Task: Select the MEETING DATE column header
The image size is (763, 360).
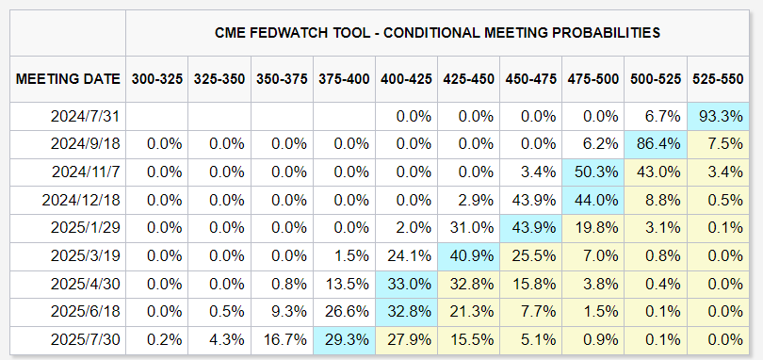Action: click(68, 79)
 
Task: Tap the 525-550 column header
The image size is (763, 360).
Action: click(718, 79)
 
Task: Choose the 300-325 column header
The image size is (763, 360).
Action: click(157, 79)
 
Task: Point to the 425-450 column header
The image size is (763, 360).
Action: click(468, 79)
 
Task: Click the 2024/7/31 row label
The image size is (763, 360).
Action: click(85, 117)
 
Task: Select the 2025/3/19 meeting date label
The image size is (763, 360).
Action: click(85, 256)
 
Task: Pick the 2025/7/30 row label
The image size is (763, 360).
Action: click(85, 339)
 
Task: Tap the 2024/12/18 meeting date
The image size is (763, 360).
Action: click(82, 200)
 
